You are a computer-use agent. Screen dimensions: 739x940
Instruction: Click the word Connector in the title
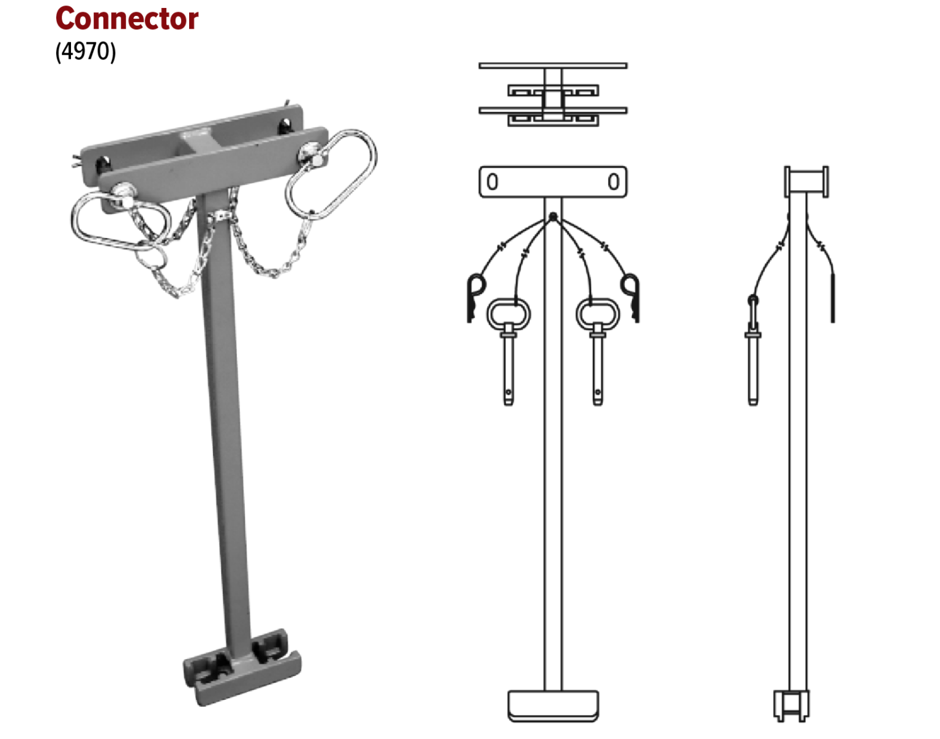[x=127, y=19]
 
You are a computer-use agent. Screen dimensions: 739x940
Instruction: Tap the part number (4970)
[x=85, y=51]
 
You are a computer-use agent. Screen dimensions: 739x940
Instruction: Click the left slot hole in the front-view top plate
[x=492, y=182]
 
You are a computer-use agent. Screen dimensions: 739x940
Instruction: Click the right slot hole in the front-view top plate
[x=613, y=182]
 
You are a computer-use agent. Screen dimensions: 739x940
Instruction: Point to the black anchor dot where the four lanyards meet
[x=553, y=217]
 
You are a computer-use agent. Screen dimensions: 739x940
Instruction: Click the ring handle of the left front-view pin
[x=509, y=313]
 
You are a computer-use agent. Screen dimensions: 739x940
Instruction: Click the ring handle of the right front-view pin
[x=597, y=313]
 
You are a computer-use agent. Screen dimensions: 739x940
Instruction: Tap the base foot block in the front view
[x=553, y=705]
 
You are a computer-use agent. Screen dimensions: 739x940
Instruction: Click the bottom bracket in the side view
[x=791, y=705]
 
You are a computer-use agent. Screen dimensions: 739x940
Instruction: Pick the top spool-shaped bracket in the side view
[x=806, y=182]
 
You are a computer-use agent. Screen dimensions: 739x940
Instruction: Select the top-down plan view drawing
[x=553, y=95]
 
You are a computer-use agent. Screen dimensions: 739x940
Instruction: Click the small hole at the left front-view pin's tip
[x=509, y=392]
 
